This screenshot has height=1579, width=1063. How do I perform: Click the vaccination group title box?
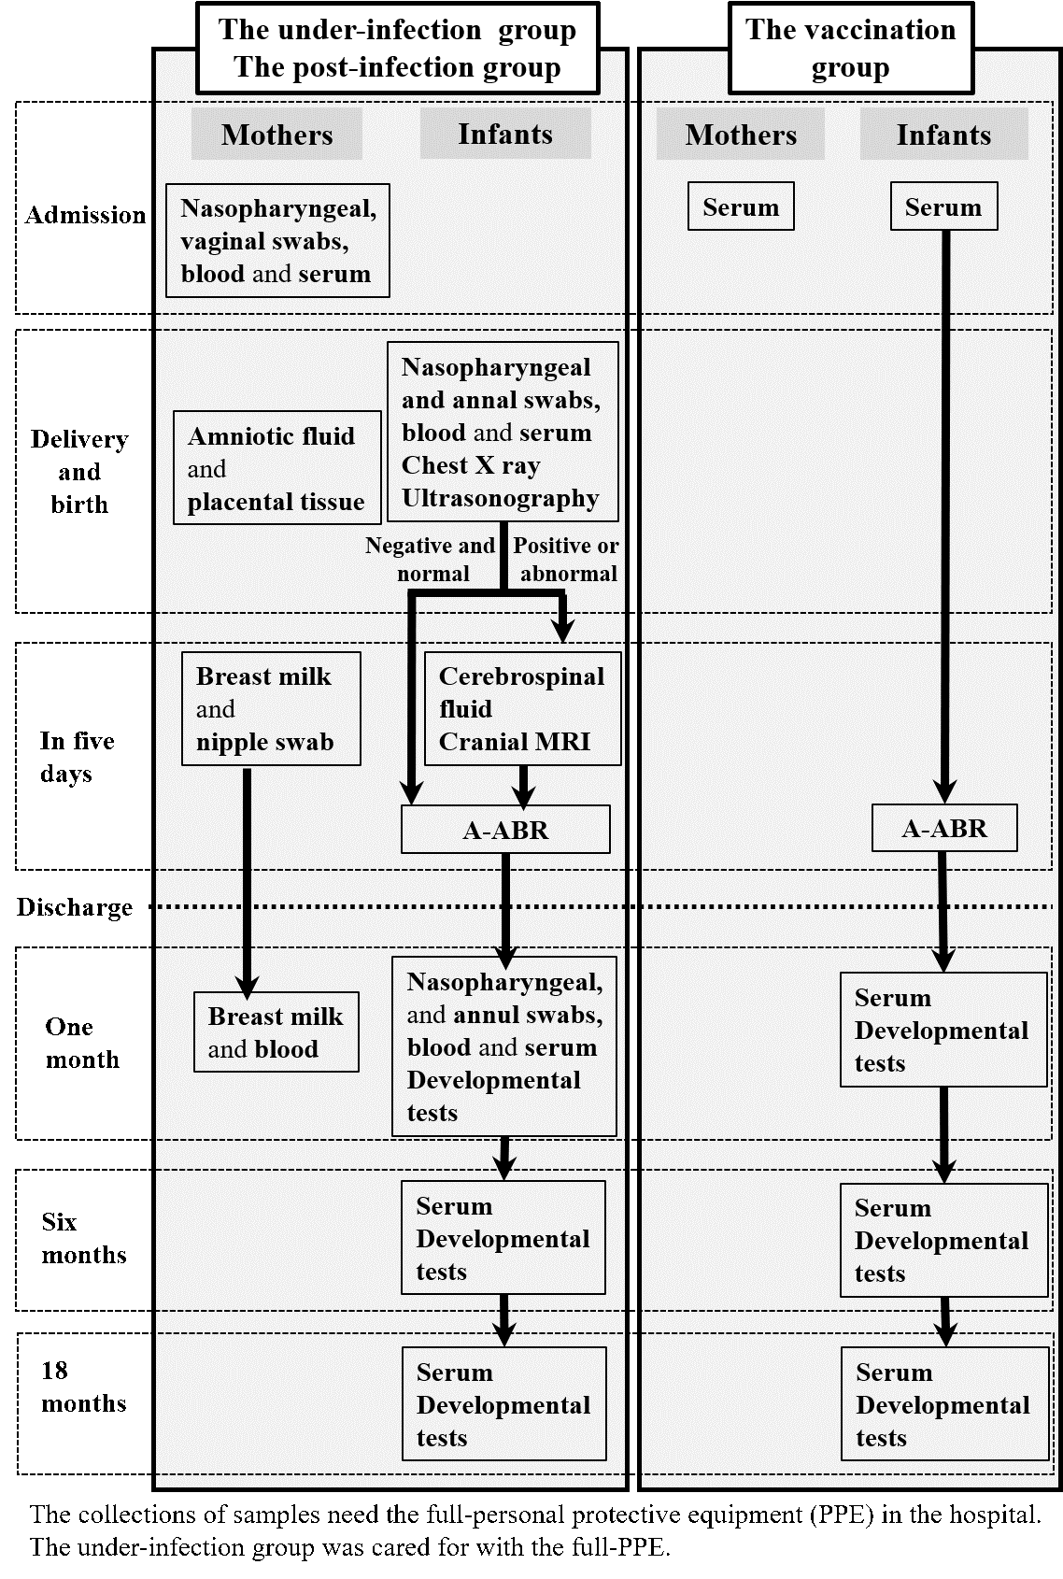[x=851, y=48]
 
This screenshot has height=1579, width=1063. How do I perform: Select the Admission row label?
[x=85, y=215]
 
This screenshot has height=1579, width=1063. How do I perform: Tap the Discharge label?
[x=75, y=907]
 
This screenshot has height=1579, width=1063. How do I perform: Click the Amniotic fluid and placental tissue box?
[x=277, y=468]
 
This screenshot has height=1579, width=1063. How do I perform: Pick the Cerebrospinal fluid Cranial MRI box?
[x=522, y=708]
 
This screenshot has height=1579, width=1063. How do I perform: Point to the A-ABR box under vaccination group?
[x=943, y=828]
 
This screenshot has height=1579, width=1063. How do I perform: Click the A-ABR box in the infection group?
[x=505, y=830]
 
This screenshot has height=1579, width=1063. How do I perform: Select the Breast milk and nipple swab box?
[x=272, y=708]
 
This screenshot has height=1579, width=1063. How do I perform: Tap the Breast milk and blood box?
[x=276, y=1032]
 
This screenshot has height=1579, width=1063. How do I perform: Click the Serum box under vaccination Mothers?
[x=741, y=206]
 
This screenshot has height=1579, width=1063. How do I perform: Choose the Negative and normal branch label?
[x=430, y=559]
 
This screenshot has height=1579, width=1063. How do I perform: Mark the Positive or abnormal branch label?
[x=566, y=559]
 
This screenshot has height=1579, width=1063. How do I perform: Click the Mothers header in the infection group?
[x=277, y=134]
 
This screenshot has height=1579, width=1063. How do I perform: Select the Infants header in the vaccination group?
[x=943, y=134]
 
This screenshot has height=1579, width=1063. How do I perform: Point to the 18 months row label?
[x=84, y=1387]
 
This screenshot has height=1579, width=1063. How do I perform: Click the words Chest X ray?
[x=471, y=465]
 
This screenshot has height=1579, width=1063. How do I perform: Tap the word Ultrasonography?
[x=501, y=498]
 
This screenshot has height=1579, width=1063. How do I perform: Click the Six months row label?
[x=84, y=1238]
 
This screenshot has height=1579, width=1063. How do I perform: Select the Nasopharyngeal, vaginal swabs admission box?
[x=277, y=240]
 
